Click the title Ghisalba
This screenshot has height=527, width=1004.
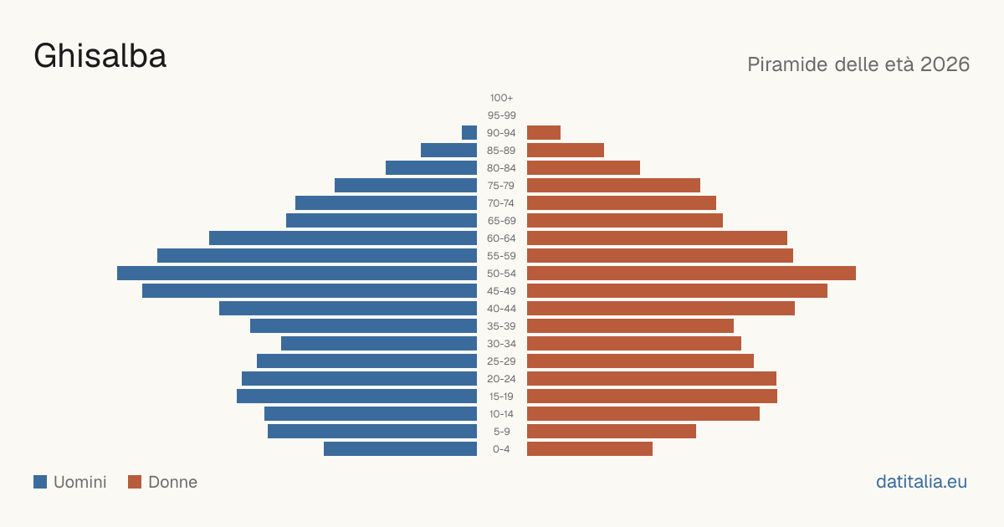(x=100, y=56)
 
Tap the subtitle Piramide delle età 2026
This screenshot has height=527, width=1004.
(x=858, y=64)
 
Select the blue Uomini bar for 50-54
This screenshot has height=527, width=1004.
(x=297, y=274)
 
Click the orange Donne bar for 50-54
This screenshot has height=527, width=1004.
(x=691, y=274)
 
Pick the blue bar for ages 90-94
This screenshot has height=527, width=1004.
(x=469, y=133)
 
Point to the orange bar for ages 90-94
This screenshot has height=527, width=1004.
(x=544, y=133)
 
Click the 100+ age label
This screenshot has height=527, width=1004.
(x=501, y=98)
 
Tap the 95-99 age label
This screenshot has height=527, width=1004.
(x=501, y=115)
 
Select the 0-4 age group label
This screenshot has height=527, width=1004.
(x=501, y=449)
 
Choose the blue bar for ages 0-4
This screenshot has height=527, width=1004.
(x=400, y=449)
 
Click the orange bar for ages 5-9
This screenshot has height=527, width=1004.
(x=612, y=432)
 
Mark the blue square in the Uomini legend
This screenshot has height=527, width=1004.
(x=40, y=482)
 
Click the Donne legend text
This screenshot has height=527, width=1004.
(x=172, y=482)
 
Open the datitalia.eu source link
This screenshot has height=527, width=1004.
(x=921, y=482)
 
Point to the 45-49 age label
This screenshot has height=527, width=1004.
(x=501, y=291)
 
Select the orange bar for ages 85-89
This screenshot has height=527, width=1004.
(x=566, y=150)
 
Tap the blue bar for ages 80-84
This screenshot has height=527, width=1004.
(x=431, y=167)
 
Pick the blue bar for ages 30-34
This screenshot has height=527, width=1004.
(x=379, y=344)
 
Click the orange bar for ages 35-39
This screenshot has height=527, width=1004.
(x=630, y=325)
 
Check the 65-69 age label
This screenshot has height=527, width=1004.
(x=501, y=221)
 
